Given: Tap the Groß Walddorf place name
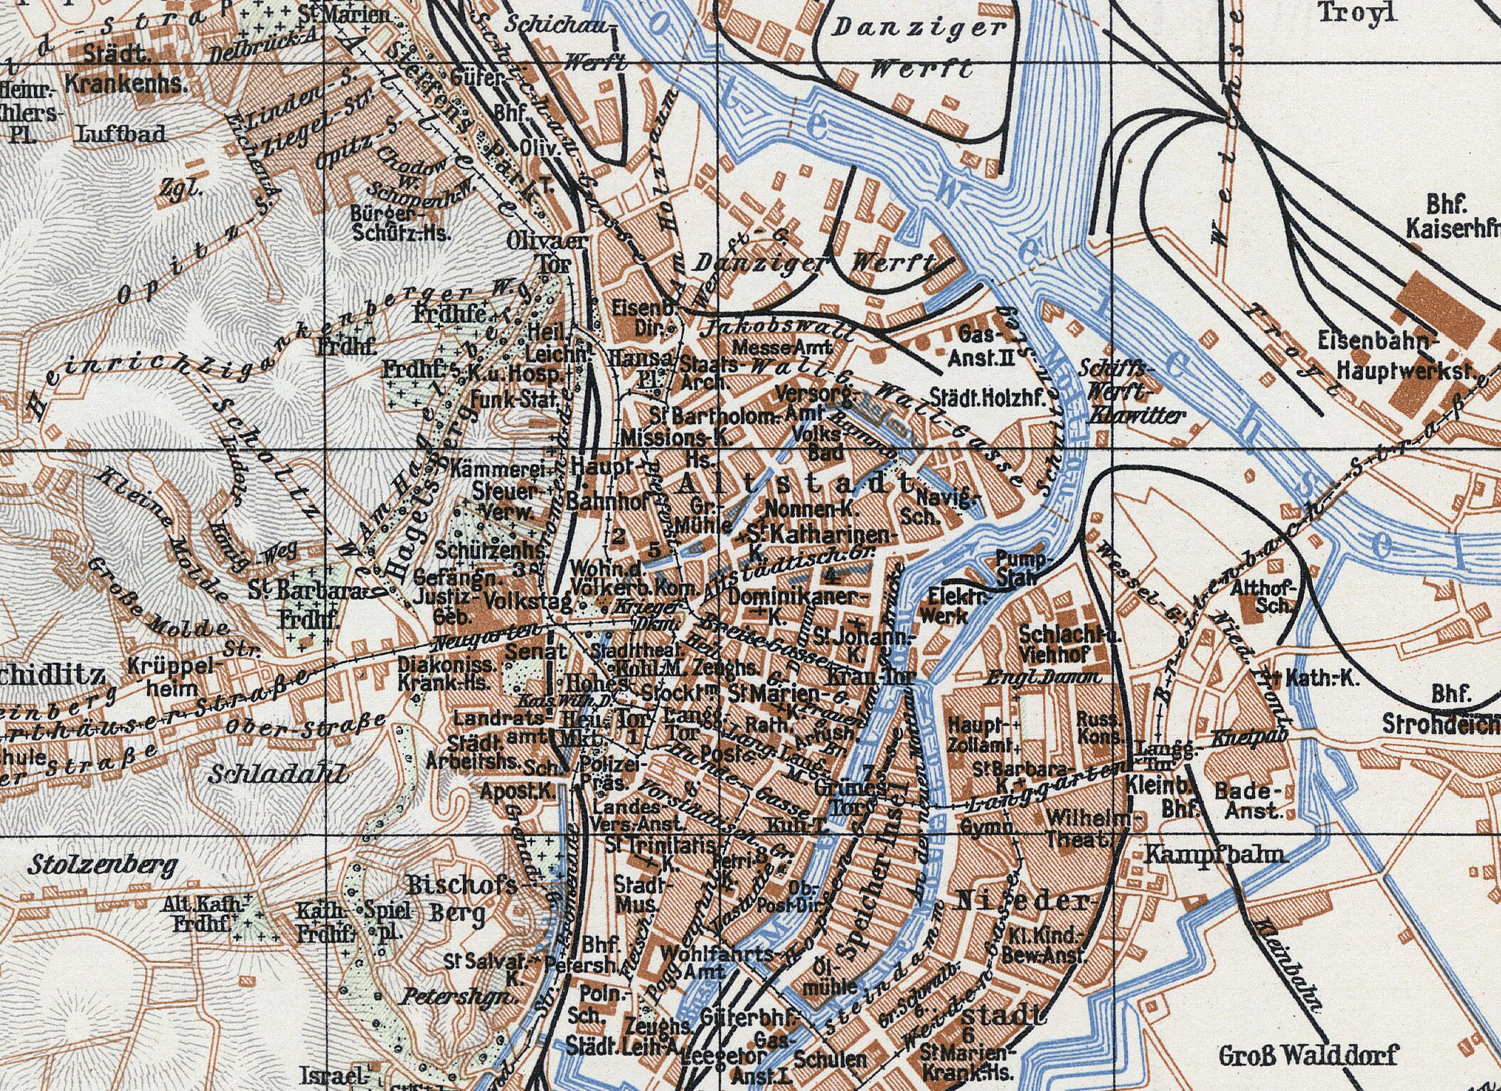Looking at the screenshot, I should click(x=1308, y=1054).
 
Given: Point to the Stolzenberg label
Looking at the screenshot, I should click(x=103, y=866).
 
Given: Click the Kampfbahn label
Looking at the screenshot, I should click(x=1215, y=854).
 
